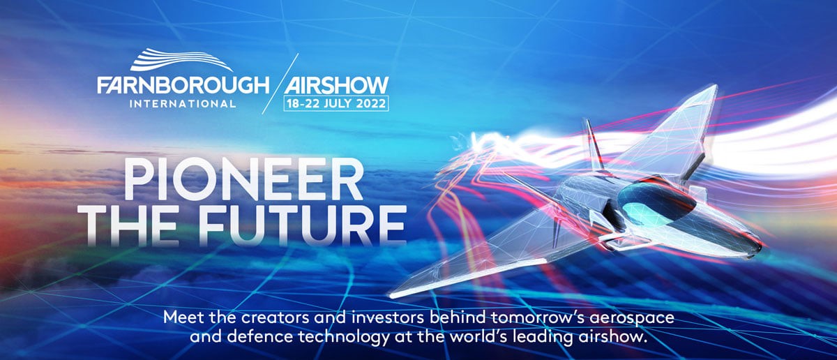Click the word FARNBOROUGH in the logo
pyautogui.click(x=183, y=85)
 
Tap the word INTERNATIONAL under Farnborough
pyautogui.click(x=183, y=103)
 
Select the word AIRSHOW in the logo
pyautogui.click(x=336, y=85)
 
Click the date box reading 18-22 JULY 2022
pyautogui.click(x=336, y=103)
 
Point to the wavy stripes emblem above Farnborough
pyautogui.click(x=181, y=61)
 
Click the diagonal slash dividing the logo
pyautogui.click(x=280, y=83)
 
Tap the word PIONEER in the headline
pyautogui.click(x=243, y=179)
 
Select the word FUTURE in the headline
pyautogui.click(x=303, y=224)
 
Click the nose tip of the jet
pyautogui.click(x=761, y=247)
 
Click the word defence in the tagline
pyautogui.click(x=260, y=337)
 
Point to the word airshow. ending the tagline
pyautogui.click(x=612, y=337)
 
